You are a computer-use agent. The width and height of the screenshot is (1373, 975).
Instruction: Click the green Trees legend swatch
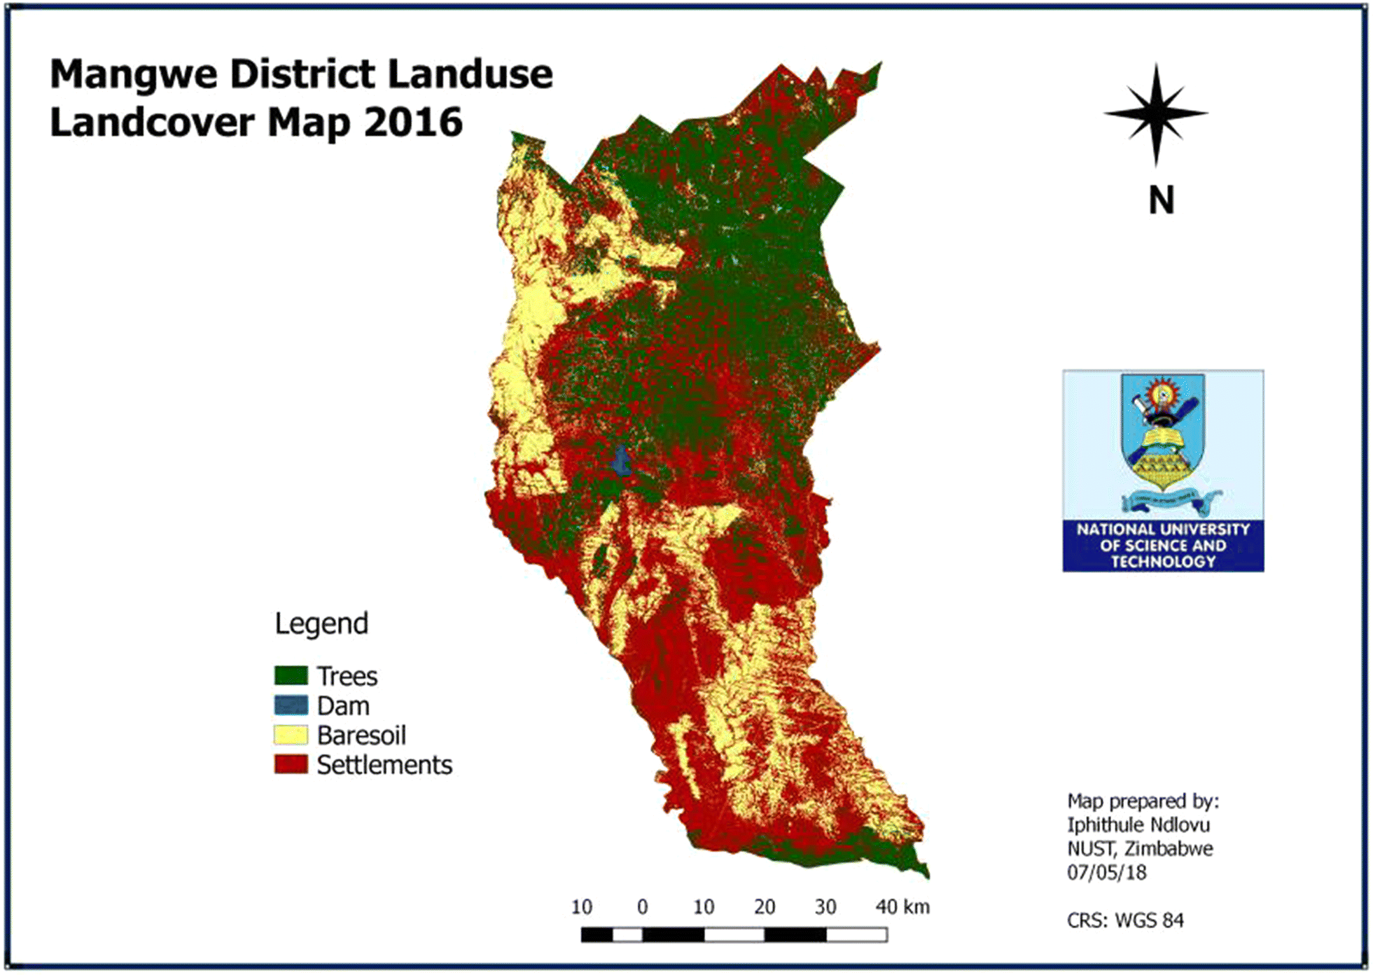(291, 675)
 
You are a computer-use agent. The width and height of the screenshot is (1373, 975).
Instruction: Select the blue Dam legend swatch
(291, 705)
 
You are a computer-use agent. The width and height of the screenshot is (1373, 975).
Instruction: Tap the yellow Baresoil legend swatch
(291, 735)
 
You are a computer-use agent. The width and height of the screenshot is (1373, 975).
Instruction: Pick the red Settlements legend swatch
(291, 764)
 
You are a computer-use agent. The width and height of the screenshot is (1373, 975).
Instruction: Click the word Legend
(321, 623)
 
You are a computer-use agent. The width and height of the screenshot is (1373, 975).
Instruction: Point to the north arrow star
(1156, 113)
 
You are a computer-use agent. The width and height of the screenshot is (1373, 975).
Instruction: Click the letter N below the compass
(1161, 200)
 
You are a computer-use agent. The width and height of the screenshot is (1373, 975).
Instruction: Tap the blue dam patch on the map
(620, 462)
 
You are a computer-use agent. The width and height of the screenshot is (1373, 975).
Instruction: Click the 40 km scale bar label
(902, 907)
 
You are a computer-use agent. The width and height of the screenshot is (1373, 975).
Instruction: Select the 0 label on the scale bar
(642, 907)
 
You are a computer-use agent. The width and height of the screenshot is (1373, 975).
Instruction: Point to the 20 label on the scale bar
(764, 907)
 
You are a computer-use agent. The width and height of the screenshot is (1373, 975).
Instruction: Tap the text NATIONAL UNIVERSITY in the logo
(1162, 530)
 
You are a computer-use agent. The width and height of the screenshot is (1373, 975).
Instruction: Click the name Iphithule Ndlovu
(1138, 824)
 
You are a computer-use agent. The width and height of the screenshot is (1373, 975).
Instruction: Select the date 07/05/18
(1106, 872)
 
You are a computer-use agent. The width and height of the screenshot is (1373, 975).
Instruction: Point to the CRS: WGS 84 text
(1124, 920)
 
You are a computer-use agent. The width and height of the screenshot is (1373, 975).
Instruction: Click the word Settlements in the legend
(384, 764)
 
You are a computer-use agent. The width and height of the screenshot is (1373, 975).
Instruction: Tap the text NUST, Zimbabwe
(1139, 848)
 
